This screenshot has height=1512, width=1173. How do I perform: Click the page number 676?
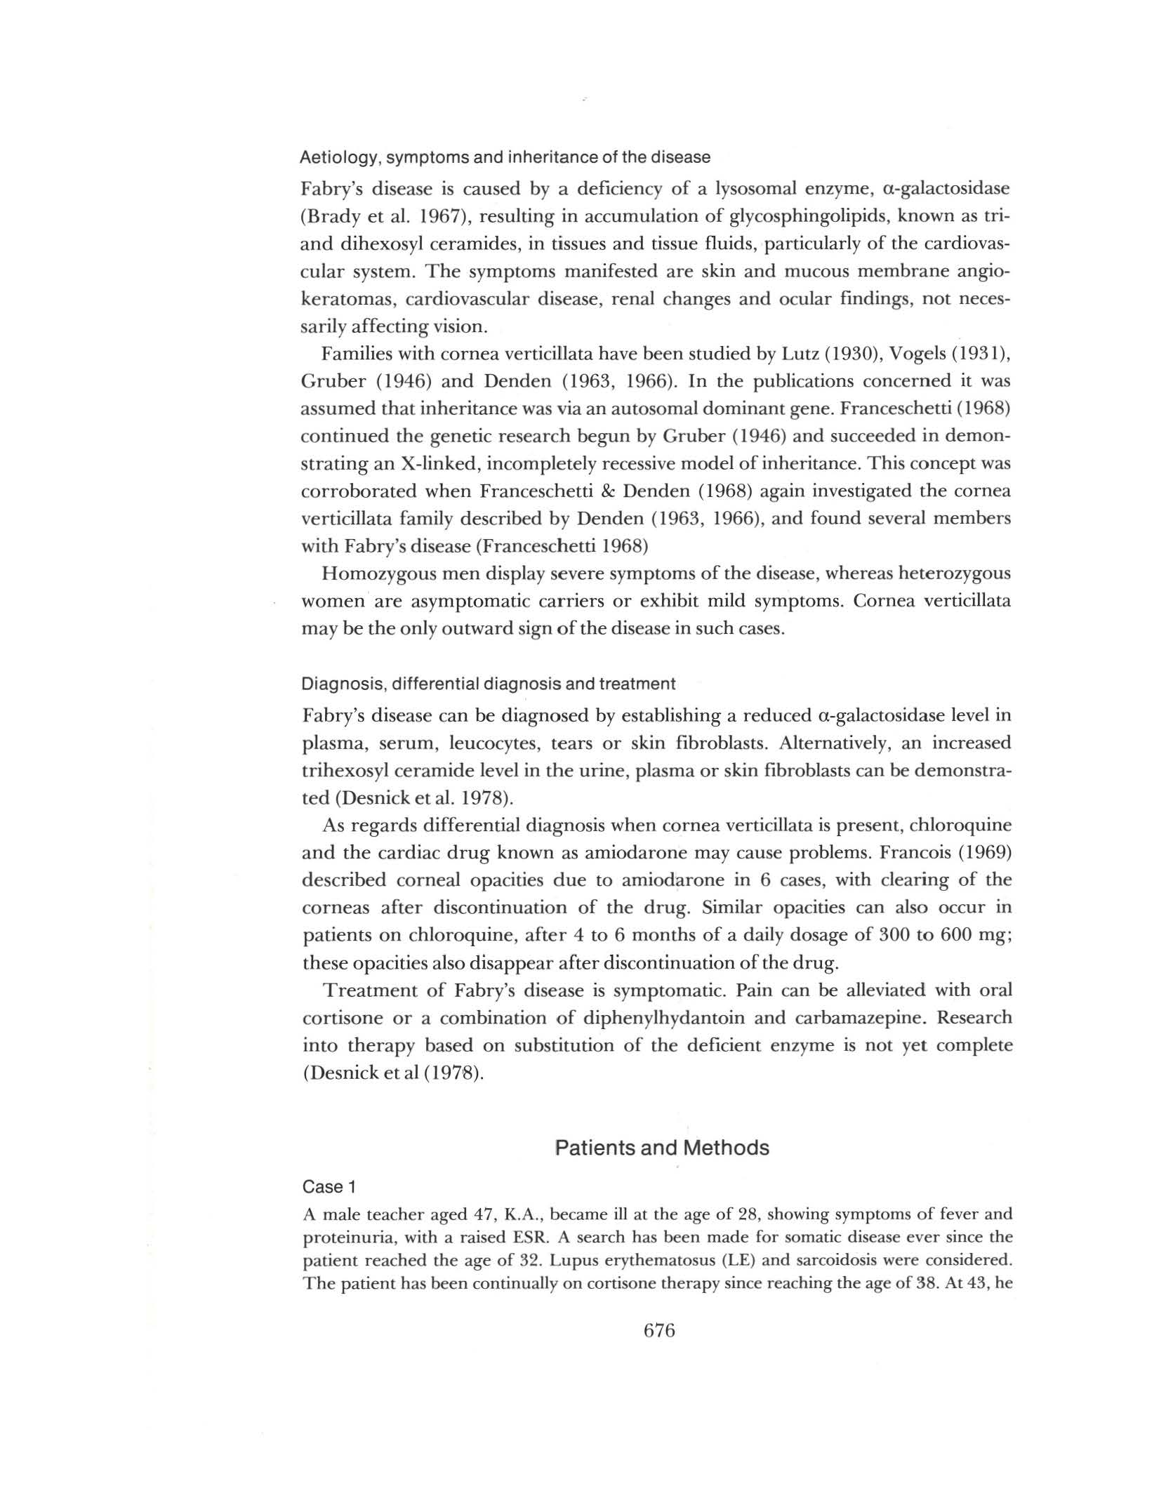pyautogui.click(x=658, y=1330)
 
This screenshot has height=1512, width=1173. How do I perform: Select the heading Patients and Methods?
pyautogui.click(x=661, y=1147)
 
